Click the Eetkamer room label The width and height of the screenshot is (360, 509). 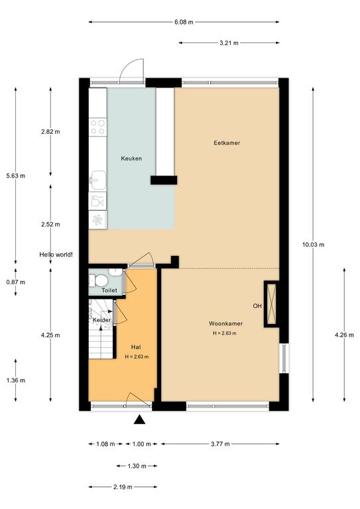pyautogui.click(x=227, y=143)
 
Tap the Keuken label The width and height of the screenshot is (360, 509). pyautogui.click(x=131, y=158)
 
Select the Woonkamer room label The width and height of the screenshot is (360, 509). pyautogui.click(x=225, y=323)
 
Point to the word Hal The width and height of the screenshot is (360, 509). pyautogui.click(x=136, y=347)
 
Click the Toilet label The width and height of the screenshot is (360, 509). pyautogui.click(x=109, y=290)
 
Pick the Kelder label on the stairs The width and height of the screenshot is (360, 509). pyautogui.click(x=101, y=320)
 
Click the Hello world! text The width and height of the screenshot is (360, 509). pyautogui.click(x=56, y=254)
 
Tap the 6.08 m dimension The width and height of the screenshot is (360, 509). pyautogui.click(x=184, y=22)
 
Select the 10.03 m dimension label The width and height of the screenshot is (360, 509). pyautogui.click(x=313, y=245)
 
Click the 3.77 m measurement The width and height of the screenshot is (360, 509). pyautogui.click(x=220, y=444)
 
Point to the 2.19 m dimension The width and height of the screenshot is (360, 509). pyautogui.click(x=123, y=487)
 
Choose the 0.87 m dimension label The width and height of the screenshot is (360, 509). pyautogui.click(x=16, y=282)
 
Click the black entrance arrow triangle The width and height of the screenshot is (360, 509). pyautogui.click(x=140, y=420)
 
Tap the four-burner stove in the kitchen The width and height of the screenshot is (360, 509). pyautogui.click(x=97, y=127)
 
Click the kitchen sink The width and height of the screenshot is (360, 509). pyautogui.click(x=97, y=180)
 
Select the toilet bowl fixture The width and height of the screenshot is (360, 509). pyautogui.click(x=98, y=281)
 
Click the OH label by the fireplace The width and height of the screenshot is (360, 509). pyautogui.click(x=257, y=306)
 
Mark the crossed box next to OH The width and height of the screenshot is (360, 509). pyautogui.click(x=271, y=304)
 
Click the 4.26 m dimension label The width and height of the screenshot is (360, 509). pyautogui.click(x=344, y=335)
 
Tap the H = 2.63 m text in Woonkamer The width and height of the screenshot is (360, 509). pyautogui.click(x=224, y=333)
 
